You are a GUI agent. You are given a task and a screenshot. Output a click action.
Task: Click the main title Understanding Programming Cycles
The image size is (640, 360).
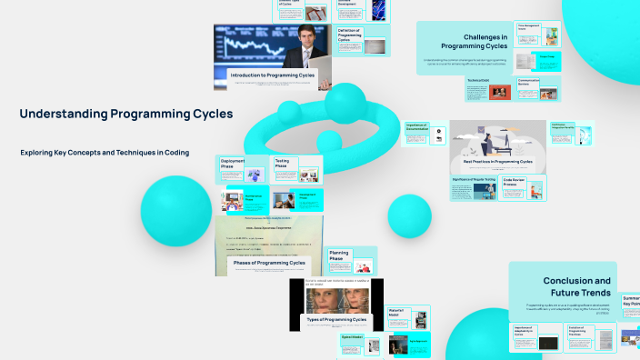click(126, 115)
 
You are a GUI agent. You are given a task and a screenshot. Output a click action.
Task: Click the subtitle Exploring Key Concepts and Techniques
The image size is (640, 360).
click(105, 153)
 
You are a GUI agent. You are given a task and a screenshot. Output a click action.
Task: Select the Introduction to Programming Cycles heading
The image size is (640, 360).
click(273, 75)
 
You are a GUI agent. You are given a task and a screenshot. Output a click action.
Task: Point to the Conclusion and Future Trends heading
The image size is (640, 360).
click(576, 287)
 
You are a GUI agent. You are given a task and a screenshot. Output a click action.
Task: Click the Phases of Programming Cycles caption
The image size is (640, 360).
click(269, 263)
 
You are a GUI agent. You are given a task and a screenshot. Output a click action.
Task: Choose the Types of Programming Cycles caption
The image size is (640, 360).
click(336, 320)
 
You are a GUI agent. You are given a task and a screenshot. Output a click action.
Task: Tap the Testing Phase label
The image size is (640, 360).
click(282, 164)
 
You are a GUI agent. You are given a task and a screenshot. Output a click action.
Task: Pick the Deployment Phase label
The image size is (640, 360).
click(233, 164)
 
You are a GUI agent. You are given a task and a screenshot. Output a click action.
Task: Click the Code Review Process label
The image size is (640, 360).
click(515, 183)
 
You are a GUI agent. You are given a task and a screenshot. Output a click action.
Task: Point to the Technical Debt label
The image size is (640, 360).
click(479, 81)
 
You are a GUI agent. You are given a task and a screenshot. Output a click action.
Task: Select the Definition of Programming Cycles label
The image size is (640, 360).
click(350, 37)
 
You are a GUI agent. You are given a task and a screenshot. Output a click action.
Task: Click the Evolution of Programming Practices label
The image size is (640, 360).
click(579, 329)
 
